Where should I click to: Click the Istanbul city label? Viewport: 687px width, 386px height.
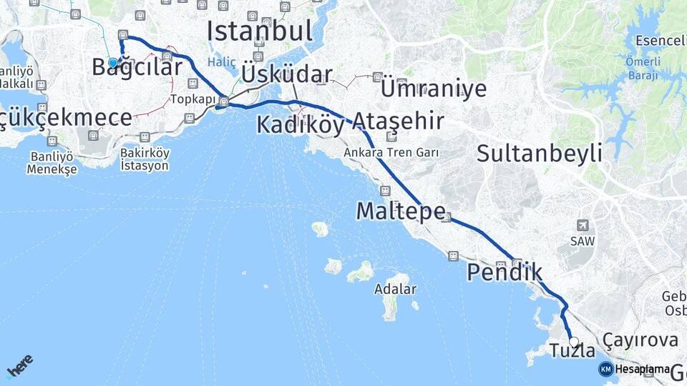click(x=260, y=31)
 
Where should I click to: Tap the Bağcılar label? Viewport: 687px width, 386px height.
click(x=137, y=68)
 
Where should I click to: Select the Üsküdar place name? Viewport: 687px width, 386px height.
click(x=286, y=75)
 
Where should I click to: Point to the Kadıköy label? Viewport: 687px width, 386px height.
click(x=300, y=125)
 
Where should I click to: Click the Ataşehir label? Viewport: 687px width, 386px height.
click(x=397, y=121)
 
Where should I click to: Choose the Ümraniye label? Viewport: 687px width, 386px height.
click(x=434, y=89)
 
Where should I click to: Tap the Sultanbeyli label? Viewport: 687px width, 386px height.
click(x=539, y=152)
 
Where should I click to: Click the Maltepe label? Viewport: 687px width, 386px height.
click(x=401, y=211)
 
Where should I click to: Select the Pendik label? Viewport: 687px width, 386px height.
click(x=505, y=272)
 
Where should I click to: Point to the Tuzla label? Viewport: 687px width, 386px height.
click(x=572, y=351)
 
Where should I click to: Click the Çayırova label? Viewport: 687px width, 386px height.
click(x=640, y=340)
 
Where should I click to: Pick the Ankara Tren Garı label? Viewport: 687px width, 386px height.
click(x=391, y=152)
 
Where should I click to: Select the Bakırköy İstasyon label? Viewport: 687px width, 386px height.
click(x=145, y=159)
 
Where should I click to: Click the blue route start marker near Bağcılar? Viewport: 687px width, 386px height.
click(x=112, y=63)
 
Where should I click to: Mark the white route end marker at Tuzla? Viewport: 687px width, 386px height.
click(x=574, y=341)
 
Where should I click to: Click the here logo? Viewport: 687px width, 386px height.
click(x=19, y=365)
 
